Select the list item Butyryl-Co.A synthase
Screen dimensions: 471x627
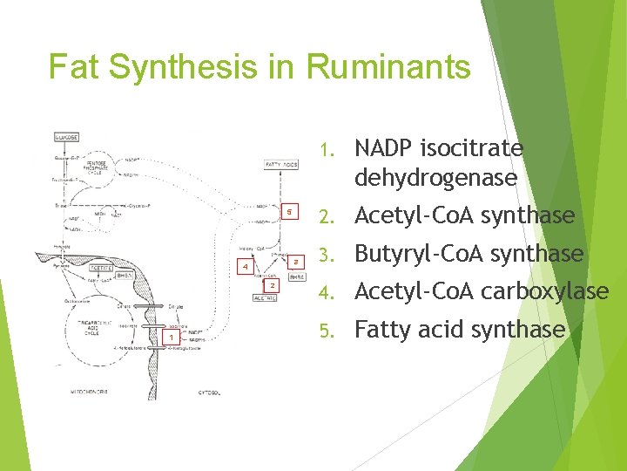coord(469,254)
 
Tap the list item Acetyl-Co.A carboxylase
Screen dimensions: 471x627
coord(482,291)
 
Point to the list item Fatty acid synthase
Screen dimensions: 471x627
coord(460,330)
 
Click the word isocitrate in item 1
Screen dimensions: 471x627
coord(480,149)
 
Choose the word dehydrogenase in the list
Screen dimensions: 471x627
coord(435,178)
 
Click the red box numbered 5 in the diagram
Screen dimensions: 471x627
coord(293,211)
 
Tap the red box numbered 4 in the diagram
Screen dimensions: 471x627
coord(246,266)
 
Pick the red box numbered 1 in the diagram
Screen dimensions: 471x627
coord(172,337)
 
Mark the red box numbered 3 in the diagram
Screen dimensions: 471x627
coord(296,261)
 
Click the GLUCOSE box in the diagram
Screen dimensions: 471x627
coord(66,137)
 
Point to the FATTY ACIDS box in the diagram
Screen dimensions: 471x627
coord(280,164)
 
